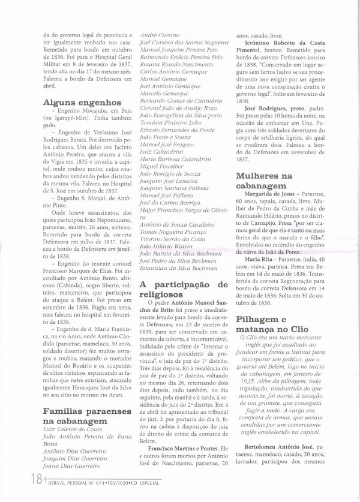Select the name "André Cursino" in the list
point(160,36)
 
